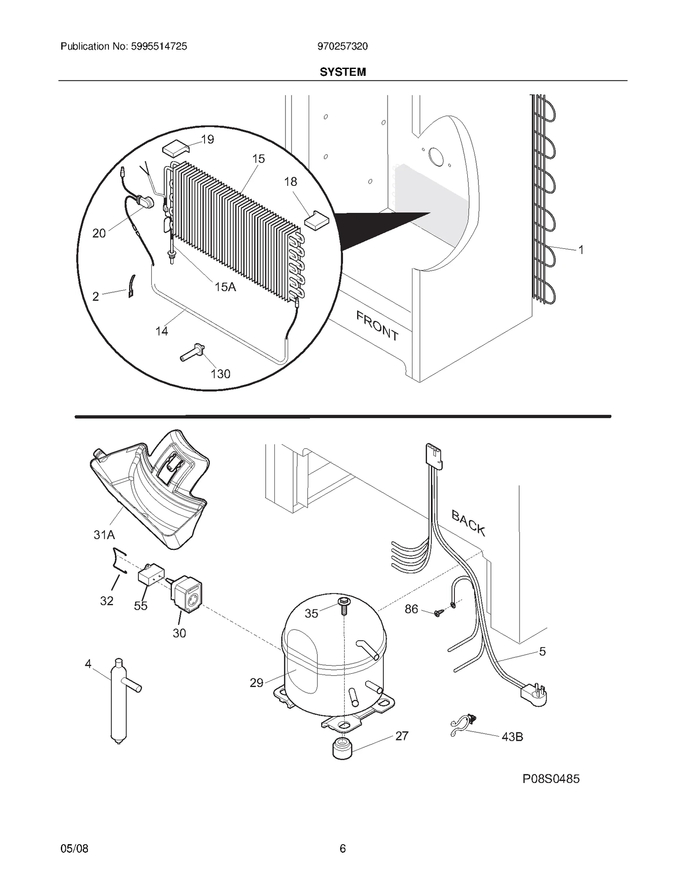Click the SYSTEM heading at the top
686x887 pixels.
343,72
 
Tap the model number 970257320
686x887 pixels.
342,46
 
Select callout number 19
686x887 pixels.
208,140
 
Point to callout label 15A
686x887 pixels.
225,287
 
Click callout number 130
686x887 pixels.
220,374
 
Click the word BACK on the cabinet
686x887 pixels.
468,523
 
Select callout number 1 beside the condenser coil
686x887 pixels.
581,250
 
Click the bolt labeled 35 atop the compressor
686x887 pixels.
343,605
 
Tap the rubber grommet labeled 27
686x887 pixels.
342,747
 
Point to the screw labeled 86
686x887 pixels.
438,613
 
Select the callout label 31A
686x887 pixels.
104,535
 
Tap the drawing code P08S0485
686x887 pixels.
551,779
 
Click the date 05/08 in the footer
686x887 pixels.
75,848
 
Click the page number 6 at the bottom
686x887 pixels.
342,848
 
